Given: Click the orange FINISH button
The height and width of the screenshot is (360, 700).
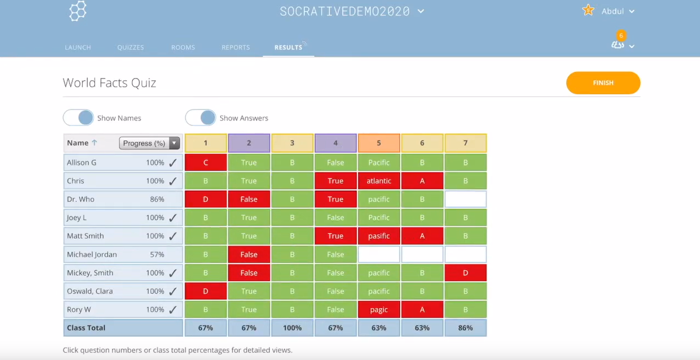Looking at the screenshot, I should (x=603, y=83).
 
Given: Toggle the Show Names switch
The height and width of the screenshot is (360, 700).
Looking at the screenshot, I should (x=79, y=118).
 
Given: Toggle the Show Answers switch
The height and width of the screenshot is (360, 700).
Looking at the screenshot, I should (x=201, y=118).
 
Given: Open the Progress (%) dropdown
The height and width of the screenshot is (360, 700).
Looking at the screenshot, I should (x=149, y=143).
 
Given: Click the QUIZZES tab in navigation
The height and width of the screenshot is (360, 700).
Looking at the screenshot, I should (x=130, y=47).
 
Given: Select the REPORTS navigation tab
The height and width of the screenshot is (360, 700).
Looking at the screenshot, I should (x=235, y=47).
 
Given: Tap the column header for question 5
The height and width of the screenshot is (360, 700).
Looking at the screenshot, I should (x=378, y=143).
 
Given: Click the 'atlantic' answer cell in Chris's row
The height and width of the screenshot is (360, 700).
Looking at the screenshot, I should (x=378, y=181).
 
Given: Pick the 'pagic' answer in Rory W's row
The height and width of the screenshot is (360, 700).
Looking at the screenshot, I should (x=378, y=309).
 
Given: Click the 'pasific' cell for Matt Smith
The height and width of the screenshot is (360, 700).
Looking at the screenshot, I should (x=378, y=236).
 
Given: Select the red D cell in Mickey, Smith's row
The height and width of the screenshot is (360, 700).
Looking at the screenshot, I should (x=465, y=273).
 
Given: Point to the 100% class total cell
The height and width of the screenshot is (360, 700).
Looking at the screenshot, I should (x=292, y=328).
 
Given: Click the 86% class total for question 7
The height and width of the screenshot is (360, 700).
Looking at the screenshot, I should (x=465, y=328).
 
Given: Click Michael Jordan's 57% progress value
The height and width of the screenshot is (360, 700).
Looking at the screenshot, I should (x=157, y=254).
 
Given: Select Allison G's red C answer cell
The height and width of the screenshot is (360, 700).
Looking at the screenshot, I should (x=206, y=162).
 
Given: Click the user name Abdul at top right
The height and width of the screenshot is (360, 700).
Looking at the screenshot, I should (x=613, y=11).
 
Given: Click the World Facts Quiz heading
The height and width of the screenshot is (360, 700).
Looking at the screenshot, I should (x=109, y=83).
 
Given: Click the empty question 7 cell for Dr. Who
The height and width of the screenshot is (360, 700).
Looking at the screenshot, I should (x=465, y=199).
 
